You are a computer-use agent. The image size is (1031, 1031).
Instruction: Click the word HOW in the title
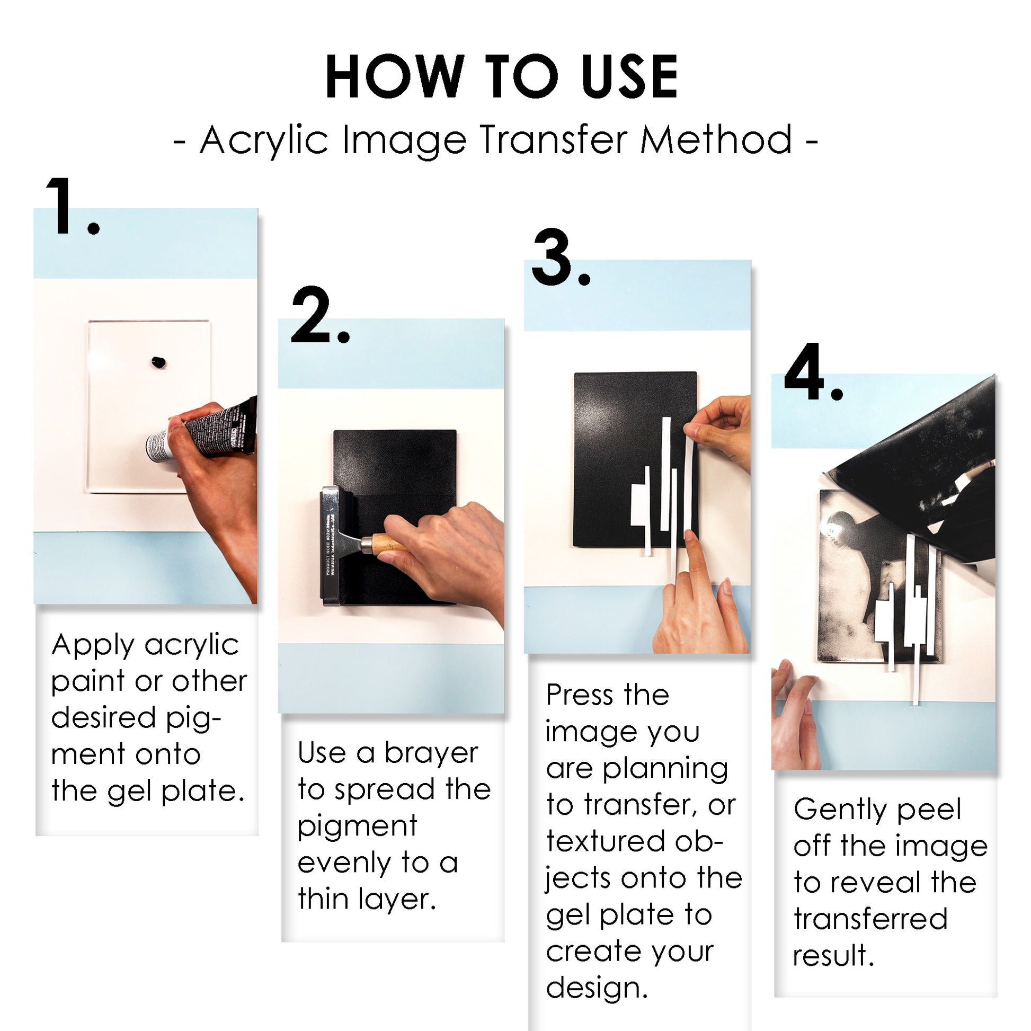pos(394,77)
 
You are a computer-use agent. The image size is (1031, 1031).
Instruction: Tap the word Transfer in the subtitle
pos(555,140)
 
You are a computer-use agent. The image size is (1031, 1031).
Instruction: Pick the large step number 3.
pos(555,259)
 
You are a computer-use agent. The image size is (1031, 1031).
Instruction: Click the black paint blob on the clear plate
pos(158,362)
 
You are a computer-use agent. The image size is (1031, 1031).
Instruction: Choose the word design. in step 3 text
pos(596,988)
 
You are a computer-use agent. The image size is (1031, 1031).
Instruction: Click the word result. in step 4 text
pos(833,955)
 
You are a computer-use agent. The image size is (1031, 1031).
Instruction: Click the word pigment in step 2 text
pos(357,826)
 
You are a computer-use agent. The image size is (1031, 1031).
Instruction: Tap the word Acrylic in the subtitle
pos(264,140)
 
